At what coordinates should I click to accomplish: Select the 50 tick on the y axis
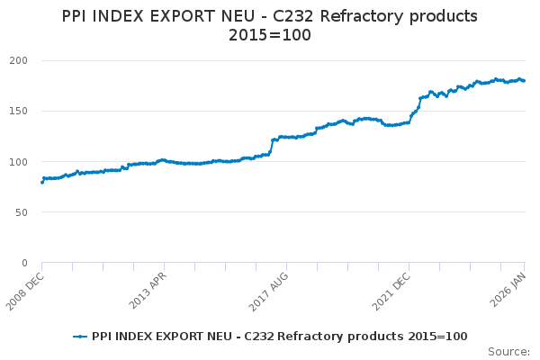[x=28, y=212]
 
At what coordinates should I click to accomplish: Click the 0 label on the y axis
[x=31, y=263]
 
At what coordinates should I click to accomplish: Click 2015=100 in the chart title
[x=269, y=36]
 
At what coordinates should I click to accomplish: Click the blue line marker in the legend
[x=80, y=336]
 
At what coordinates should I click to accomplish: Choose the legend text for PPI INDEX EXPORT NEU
[x=279, y=336]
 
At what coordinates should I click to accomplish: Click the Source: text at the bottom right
[x=508, y=351]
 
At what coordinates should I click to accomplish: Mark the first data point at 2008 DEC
[x=42, y=182]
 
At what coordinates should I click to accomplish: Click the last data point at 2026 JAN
[x=524, y=81]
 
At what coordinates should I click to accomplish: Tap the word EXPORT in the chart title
[x=177, y=16]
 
